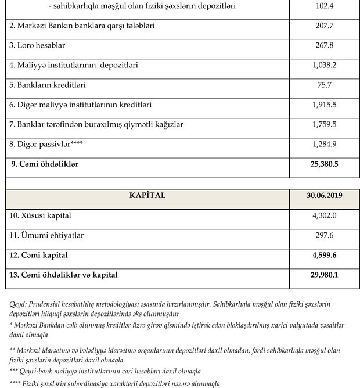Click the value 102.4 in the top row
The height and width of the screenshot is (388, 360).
tap(324, 6)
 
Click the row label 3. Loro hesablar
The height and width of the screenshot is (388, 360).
tap(36, 46)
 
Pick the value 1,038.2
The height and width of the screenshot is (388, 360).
tap(324, 66)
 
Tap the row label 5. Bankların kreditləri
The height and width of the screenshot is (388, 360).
tap(48, 85)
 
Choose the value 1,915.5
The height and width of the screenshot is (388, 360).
tap(324, 105)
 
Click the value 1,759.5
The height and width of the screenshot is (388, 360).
tap(324, 125)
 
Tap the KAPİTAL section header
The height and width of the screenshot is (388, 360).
tap(147, 196)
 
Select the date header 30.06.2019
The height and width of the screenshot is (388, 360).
tap(324, 196)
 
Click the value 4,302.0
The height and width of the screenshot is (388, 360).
tap(324, 215)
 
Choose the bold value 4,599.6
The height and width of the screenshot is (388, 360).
tap(324, 255)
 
